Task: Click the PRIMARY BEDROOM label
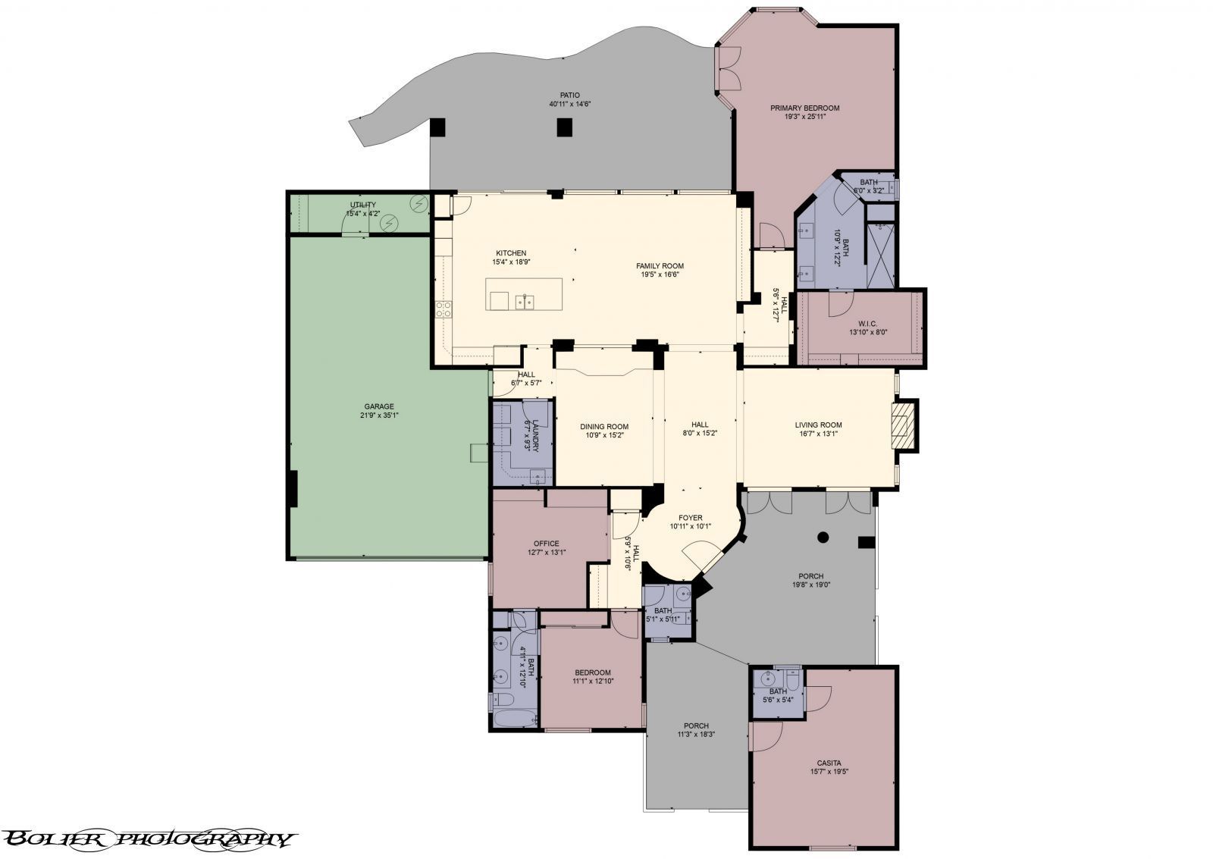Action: tap(804, 108)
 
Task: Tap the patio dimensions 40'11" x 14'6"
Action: tap(570, 104)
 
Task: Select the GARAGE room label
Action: tap(378, 406)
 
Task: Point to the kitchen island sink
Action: tap(523, 302)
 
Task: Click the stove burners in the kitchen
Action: tap(443, 309)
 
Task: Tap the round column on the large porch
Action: tap(823, 538)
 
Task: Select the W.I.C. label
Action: tap(868, 323)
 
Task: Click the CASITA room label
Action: tap(829, 763)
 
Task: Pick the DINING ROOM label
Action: tap(604, 426)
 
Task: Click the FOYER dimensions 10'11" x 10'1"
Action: tap(690, 526)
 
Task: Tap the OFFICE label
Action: tap(546, 543)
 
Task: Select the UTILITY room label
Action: tap(362, 205)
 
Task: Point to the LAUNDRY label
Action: tap(535, 437)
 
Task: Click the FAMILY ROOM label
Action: tap(660, 265)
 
